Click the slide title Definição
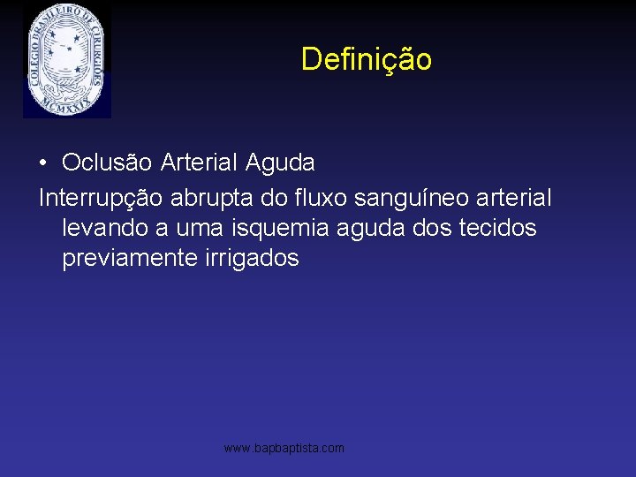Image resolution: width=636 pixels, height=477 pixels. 366,59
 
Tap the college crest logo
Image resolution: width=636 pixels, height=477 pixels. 66,59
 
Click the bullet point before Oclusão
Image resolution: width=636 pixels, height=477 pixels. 43,163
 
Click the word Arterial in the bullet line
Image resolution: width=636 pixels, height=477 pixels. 200,163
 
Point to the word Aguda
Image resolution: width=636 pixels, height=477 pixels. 280,163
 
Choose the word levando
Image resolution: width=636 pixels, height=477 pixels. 105,228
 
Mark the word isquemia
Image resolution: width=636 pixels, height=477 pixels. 276,228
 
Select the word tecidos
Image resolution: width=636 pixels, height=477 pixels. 497,228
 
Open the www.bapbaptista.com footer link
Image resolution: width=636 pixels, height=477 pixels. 284,449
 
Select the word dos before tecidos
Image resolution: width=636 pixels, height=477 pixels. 435,228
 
